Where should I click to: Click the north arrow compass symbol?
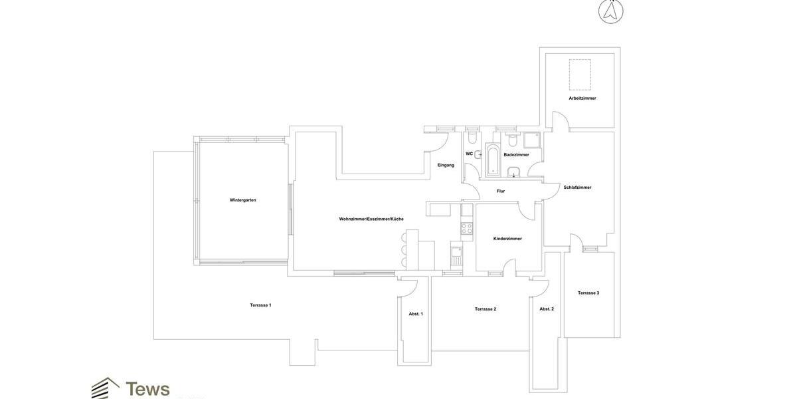point(611,11)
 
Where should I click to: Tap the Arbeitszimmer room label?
point(582,98)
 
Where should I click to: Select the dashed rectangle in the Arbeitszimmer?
point(580,74)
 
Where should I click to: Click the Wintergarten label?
point(243,200)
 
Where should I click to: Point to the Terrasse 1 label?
point(260,305)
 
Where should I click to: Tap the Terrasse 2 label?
point(486,309)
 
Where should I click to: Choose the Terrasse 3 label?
point(588,293)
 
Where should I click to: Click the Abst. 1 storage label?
point(416,314)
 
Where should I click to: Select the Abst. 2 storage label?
point(547,309)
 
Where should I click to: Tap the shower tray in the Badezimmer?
point(532,140)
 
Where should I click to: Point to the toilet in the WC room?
point(472,138)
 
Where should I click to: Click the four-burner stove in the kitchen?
point(467,228)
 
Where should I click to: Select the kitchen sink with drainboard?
point(456,255)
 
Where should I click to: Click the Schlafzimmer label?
point(577,188)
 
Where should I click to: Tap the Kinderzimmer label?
point(507,239)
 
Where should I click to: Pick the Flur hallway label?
point(501,192)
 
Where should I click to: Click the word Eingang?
point(446,166)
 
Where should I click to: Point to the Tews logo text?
point(147,389)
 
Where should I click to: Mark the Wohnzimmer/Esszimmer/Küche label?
point(371,219)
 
